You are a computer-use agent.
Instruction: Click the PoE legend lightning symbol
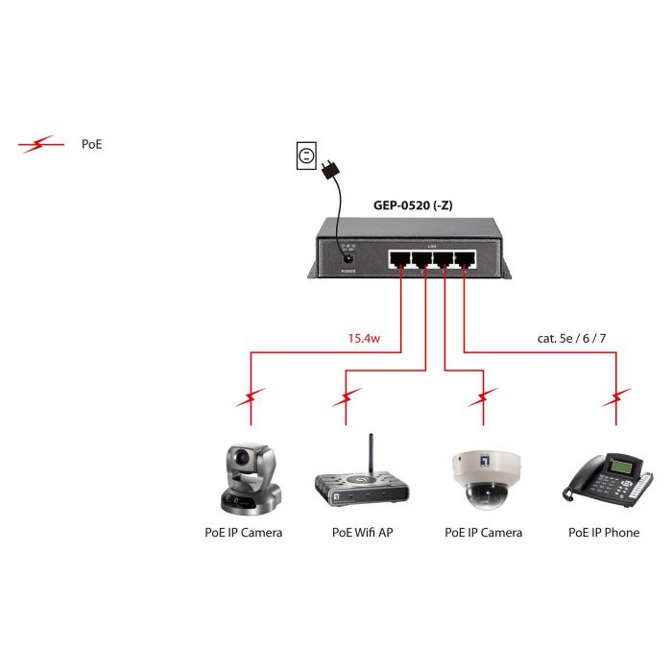pyautogui.click(x=39, y=145)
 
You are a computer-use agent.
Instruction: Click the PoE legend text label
pyautogui.click(x=91, y=145)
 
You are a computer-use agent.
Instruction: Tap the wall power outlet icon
pyautogui.click(x=306, y=156)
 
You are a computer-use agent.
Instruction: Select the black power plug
pyautogui.click(x=331, y=170)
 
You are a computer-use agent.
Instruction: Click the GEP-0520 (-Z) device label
pyautogui.click(x=413, y=204)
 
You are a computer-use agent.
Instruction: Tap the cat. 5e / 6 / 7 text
pyautogui.click(x=573, y=338)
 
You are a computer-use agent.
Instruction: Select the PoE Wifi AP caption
pyautogui.click(x=362, y=532)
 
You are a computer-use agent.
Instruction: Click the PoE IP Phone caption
pyautogui.click(x=603, y=532)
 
